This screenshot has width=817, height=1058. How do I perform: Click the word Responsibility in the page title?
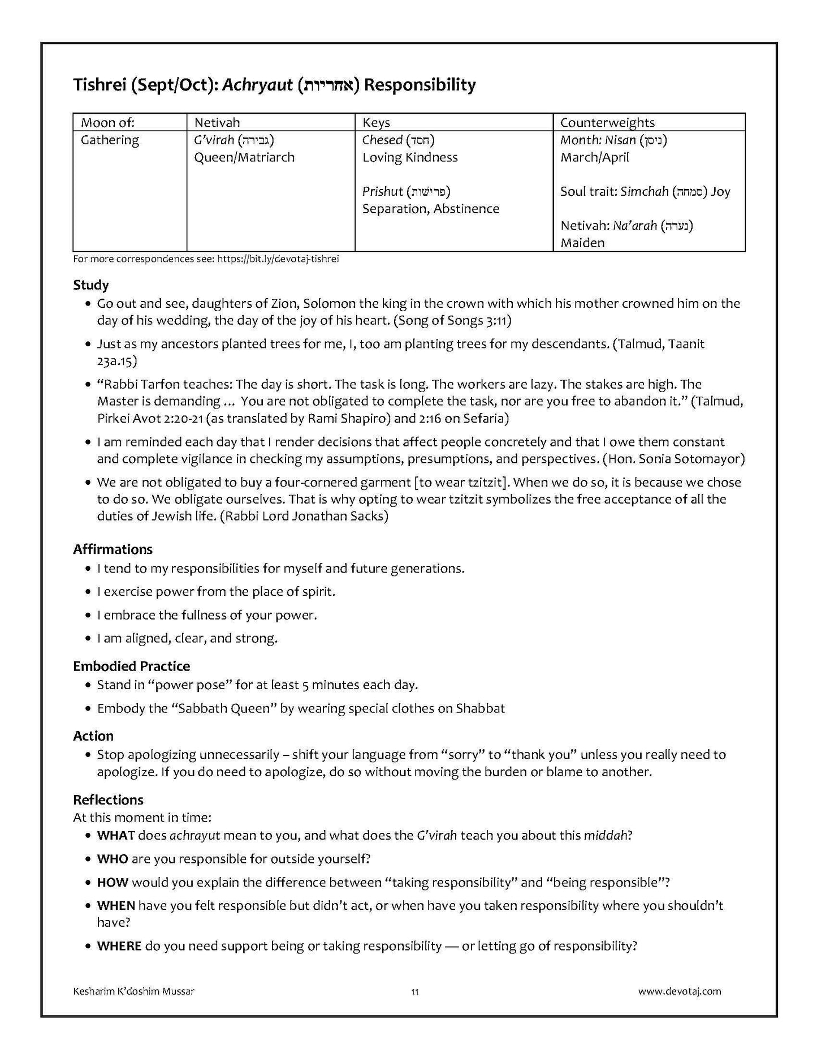(420, 85)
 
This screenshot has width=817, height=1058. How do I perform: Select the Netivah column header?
(217, 123)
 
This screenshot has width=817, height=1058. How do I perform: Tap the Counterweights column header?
(607, 123)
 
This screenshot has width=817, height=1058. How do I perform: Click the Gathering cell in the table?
(110, 140)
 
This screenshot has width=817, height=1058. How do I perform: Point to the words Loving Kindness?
(410, 157)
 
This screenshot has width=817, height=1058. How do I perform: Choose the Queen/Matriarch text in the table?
(244, 157)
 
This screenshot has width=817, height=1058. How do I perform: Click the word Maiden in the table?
(582, 243)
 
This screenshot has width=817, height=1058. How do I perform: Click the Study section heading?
(90, 285)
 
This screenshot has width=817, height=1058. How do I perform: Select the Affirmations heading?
(113, 549)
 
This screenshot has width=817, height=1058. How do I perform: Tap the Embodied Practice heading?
(131, 666)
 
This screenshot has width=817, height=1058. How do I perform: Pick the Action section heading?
(93, 736)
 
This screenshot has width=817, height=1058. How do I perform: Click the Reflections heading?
(108, 800)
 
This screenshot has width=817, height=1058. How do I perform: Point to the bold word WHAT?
(116, 836)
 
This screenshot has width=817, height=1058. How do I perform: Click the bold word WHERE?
(119, 946)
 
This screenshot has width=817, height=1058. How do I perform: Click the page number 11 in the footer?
(415, 991)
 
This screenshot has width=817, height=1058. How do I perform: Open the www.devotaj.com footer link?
(680, 991)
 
